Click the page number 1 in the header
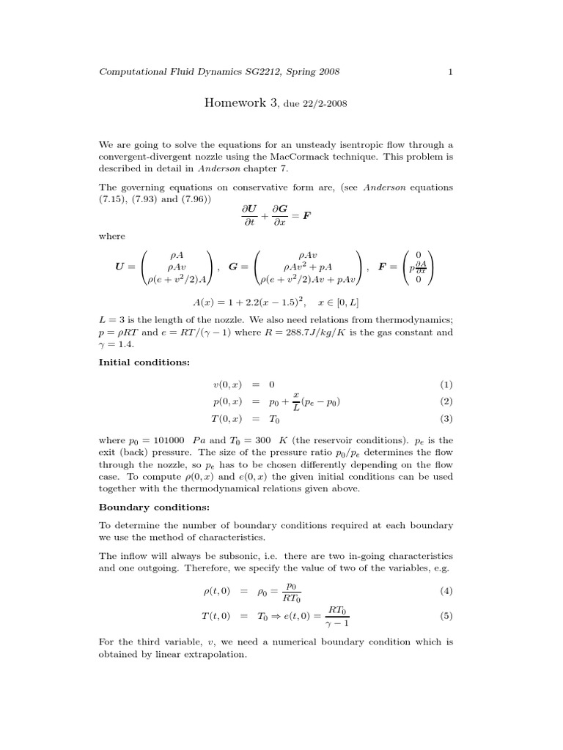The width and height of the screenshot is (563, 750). pos(451,72)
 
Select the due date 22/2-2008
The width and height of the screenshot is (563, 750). pos(320,105)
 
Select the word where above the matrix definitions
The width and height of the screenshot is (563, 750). pos(111,236)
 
